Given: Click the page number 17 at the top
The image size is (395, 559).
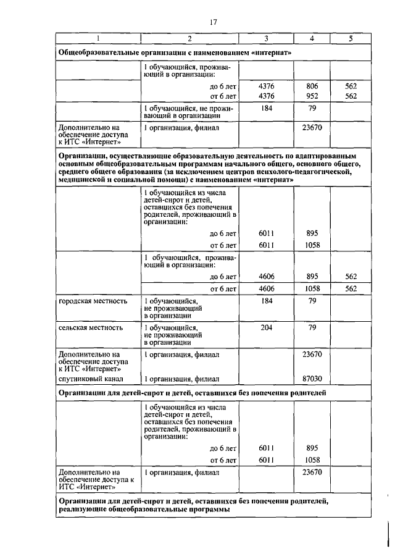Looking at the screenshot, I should coord(214,22).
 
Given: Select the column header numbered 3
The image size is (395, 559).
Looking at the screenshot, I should coord(266,39).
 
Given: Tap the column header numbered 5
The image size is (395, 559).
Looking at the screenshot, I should coord(351,39).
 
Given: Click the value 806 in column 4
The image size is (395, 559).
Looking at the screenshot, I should coord(312,87).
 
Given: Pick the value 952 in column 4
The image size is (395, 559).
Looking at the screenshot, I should coord(312,96).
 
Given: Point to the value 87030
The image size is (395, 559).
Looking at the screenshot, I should coord(312,378).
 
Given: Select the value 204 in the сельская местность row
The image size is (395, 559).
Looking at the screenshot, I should coord(266,327).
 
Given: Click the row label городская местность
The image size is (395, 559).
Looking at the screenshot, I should coord(93,301).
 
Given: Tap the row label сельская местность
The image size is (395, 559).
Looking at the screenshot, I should coord(91,327).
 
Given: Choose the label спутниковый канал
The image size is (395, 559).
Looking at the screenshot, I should coord(91,378).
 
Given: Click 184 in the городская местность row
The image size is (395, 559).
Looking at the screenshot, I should coord(266,301).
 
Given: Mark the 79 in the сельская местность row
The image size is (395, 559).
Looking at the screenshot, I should coord(312,327).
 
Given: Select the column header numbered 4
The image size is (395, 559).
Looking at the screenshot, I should coord(312,39).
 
